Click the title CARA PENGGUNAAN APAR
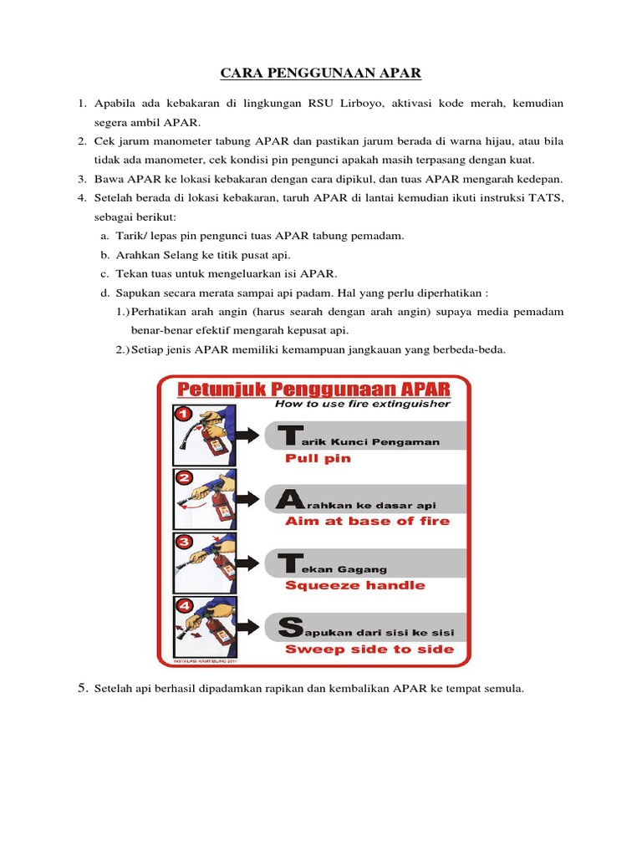point(321,74)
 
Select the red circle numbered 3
point(181,542)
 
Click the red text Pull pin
point(318,458)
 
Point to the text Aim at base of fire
point(367,521)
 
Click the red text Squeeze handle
point(354,585)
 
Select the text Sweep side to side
point(369,649)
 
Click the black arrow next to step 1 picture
point(248,435)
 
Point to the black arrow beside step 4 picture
point(248,626)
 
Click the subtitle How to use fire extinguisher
point(362,404)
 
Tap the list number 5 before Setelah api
point(83,688)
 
